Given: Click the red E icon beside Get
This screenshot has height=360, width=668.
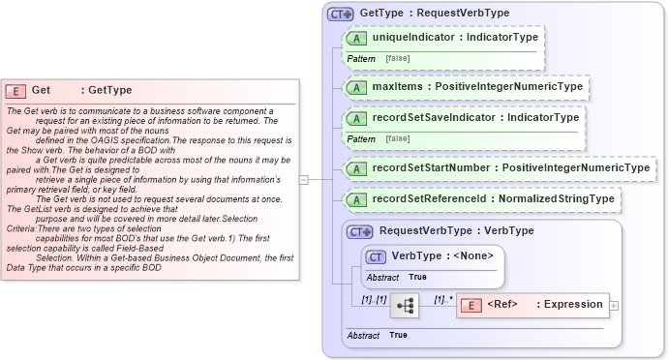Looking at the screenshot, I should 16,91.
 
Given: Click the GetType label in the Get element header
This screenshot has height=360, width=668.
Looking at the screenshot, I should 109,91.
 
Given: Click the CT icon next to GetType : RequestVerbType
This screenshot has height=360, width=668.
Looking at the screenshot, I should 341,15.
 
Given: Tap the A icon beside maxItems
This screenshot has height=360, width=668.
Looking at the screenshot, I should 357,87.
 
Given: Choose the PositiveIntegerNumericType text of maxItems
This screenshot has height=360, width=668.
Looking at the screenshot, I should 508,87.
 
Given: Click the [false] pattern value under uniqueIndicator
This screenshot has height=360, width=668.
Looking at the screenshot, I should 397,58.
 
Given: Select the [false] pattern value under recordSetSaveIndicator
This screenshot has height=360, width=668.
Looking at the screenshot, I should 397,138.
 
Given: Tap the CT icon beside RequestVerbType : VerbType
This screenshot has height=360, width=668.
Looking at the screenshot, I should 360,232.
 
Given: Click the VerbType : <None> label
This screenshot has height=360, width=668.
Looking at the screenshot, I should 442,255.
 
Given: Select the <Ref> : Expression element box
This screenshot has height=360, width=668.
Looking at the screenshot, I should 532,305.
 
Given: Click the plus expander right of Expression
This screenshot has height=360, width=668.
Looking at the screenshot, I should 614,305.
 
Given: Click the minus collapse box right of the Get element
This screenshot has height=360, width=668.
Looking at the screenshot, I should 303,179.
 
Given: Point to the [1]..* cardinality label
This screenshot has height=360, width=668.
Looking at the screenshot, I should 443,298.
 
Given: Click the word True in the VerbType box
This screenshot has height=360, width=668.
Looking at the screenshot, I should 418,277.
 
